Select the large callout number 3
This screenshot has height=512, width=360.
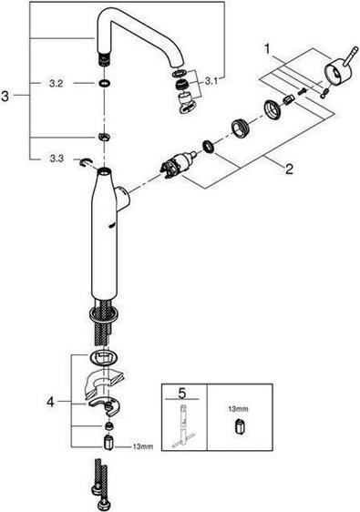(x=9, y=95)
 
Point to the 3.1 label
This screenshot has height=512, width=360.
(x=211, y=80)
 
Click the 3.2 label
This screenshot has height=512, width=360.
(x=54, y=82)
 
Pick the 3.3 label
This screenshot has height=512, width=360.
(x=54, y=159)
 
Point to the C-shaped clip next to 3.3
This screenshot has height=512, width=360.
(x=86, y=161)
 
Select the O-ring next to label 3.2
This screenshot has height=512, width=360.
(x=107, y=84)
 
